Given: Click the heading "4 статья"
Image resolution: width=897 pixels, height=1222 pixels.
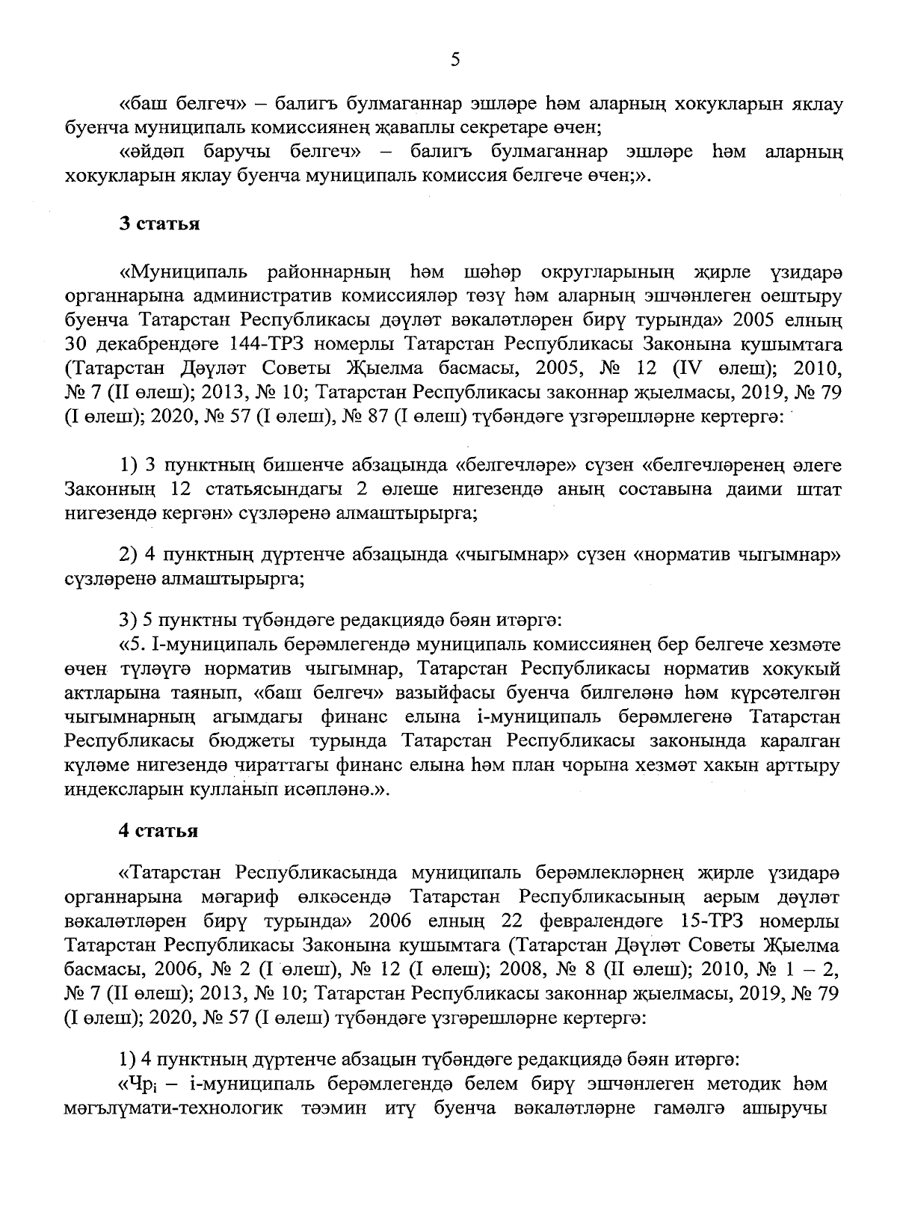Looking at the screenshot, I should coord(159,831).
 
